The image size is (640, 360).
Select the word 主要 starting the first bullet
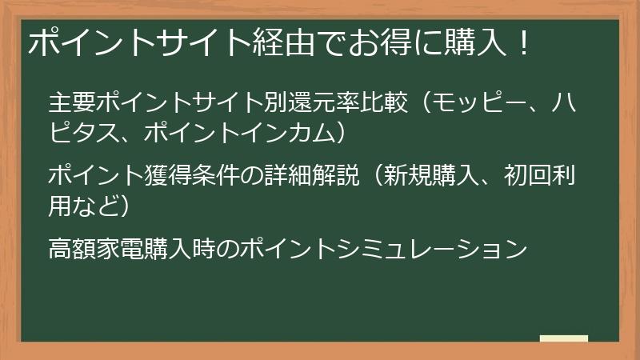pos(72,102)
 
